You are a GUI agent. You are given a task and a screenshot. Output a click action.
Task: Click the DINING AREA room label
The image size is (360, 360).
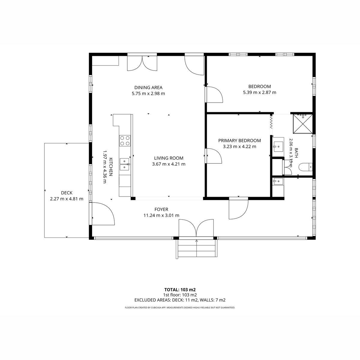click(148, 87)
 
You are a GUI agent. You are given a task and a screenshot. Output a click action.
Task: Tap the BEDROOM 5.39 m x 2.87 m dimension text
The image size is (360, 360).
click(259, 92)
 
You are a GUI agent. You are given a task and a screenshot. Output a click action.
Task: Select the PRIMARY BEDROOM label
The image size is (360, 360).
click(239, 140)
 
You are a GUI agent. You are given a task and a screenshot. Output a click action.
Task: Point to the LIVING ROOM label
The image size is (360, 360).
click(169, 158)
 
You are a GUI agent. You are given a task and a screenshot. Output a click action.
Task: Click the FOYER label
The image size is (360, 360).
click(161, 209)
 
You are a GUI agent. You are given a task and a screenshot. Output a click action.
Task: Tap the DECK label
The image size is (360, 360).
click(67, 193)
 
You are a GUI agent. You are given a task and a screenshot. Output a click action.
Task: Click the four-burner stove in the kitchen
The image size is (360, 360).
click(125, 141)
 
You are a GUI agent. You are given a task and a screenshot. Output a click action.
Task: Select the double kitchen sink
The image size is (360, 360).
click(124, 164)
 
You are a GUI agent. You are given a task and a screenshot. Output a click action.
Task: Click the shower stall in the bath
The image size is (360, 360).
click(303, 124)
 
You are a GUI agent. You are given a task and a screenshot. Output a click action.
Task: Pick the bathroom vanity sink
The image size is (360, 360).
click(278, 147)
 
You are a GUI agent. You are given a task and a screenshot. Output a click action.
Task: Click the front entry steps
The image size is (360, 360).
click(197, 249)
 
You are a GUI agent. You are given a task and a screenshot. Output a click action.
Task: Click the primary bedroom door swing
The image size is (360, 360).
click(214, 156)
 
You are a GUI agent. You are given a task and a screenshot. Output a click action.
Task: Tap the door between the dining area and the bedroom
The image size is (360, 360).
click(214, 94)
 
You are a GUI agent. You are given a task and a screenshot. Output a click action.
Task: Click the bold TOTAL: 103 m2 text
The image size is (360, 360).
click(180, 290)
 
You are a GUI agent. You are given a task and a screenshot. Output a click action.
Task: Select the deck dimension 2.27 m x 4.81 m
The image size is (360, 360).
click(67, 199)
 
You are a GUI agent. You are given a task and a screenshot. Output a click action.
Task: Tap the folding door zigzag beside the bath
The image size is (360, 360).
click(271, 122)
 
